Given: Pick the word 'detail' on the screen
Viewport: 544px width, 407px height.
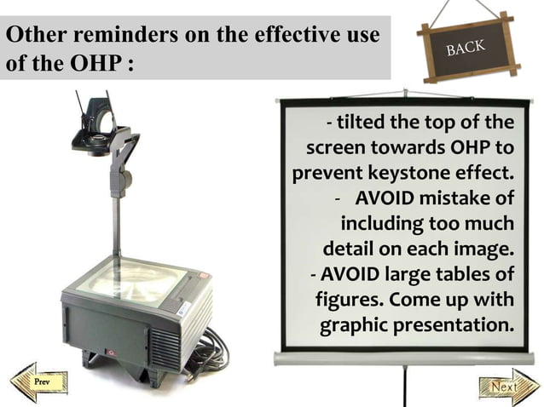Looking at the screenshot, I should (351, 250).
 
